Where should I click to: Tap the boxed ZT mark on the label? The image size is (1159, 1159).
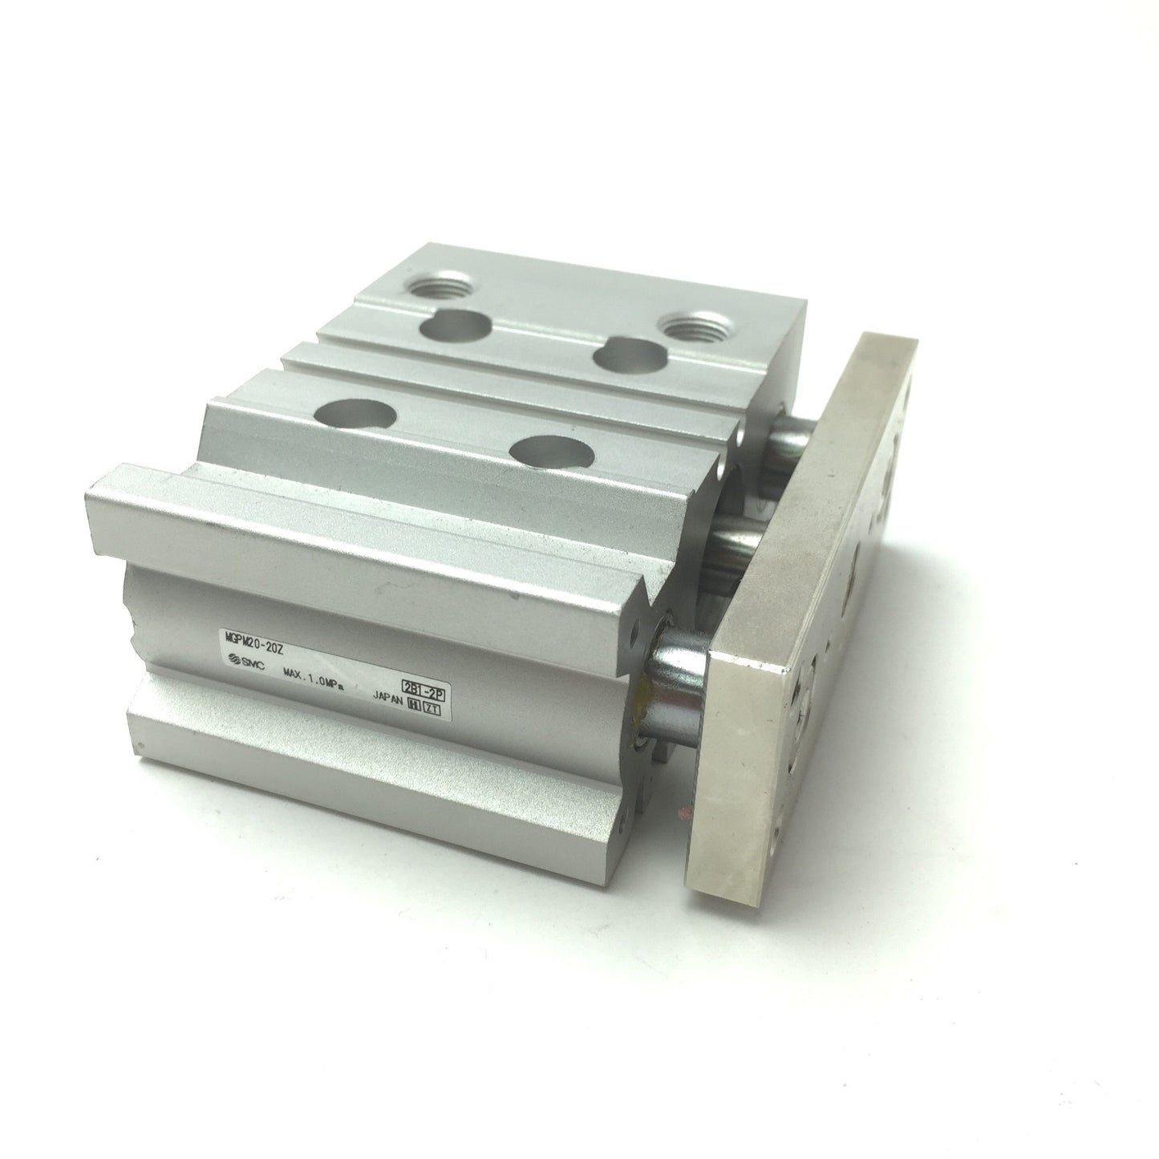(x=432, y=708)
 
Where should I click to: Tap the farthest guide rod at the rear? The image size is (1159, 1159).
(x=790, y=437)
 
